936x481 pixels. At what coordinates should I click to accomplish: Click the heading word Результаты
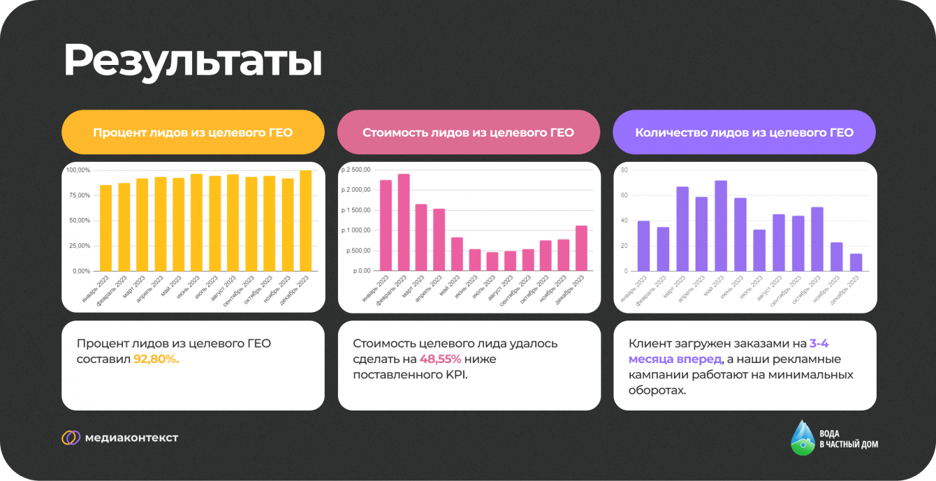click(193, 61)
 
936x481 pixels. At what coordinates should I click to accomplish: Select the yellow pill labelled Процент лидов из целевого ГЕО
click(193, 132)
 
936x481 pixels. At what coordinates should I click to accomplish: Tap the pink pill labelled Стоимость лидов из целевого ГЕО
click(469, 132)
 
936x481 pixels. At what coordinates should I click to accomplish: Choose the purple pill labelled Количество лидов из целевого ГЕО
click(745, 132)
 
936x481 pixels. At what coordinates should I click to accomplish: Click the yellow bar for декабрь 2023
click(305, 221)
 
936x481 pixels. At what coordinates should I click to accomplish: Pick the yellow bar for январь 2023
click(105, 228)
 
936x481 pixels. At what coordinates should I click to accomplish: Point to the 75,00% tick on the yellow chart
click(78, 195)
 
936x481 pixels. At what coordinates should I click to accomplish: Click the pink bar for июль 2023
click(492, 261)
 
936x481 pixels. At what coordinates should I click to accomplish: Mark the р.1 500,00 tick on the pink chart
click(356, 210)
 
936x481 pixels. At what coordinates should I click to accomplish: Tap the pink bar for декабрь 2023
click(581, 248)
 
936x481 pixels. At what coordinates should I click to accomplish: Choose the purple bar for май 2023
click(721, 225)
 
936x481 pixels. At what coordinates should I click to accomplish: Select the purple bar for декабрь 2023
click(856, 262)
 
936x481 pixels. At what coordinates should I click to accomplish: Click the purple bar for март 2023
click(682, 228)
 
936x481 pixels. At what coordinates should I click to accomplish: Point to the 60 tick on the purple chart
click(624, 195)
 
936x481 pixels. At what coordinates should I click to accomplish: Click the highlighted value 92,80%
click(156, 359)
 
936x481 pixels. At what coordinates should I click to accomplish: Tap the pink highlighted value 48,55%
click(440, 359)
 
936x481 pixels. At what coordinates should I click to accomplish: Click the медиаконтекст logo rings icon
click(71, 438)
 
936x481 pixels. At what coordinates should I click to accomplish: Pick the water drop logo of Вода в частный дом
click(803, 438)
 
